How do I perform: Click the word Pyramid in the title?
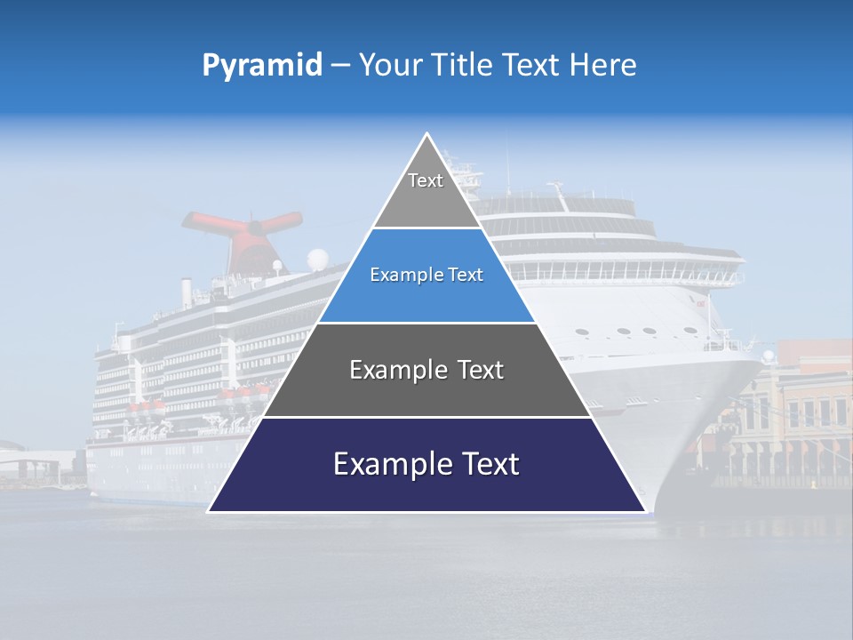(261, 66)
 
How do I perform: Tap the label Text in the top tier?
(426, 180)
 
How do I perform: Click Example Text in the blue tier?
(426, 275)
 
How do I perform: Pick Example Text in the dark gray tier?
(426, 370)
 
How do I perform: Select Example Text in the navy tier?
(426, 464)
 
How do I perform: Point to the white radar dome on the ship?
(317, 260)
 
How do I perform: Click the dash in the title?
(339, 66)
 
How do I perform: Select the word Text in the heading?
(533, 66)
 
